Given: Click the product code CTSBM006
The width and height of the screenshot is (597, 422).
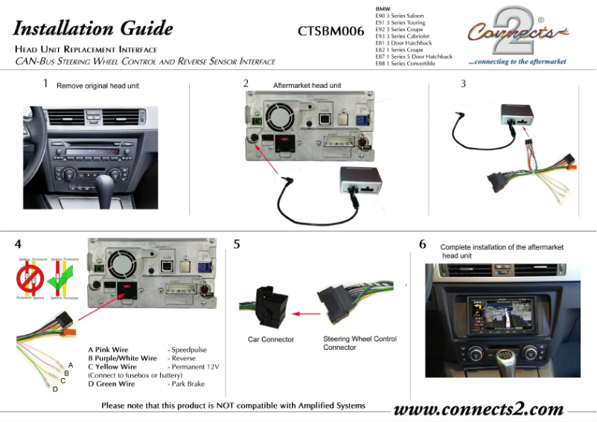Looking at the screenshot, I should click(331, 31).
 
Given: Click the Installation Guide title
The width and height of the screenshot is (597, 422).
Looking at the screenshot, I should click(93, 29).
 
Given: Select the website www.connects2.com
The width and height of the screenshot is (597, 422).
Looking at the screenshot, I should click(478, 409).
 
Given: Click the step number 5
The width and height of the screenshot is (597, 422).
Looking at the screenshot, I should click(237, 243).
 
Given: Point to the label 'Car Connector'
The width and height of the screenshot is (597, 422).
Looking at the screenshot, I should click(271, 339).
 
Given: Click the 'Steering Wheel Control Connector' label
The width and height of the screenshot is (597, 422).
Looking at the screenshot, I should click(360, 343).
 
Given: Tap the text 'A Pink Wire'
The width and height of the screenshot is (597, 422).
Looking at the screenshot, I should click(108, 349).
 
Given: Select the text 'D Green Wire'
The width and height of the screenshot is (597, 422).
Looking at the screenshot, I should click(112, 384).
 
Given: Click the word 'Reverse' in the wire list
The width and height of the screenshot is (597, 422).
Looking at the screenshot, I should click(185, 358).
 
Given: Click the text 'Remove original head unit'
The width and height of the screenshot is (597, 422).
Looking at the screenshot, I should click(98, 86).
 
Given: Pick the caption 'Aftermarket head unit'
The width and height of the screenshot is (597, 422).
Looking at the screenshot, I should click(307, 86).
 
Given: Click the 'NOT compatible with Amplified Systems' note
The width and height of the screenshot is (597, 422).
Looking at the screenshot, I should click(233, 406).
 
